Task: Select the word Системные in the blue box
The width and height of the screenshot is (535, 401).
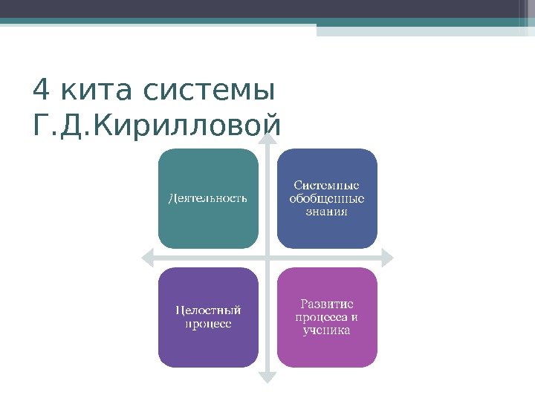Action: (327, 185)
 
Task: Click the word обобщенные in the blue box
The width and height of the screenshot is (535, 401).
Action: (327, 198)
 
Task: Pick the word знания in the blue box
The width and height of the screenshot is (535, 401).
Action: (327, 212)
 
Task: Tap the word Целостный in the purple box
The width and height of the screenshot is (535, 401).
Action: (208, 310)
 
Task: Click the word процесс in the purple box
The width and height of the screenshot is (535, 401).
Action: (208, 324)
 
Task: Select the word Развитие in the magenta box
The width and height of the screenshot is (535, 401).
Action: (327, 304)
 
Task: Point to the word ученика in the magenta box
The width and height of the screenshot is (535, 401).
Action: (327, 330)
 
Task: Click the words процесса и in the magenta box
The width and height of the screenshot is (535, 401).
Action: (327, 317)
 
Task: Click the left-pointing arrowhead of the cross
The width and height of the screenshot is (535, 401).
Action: (146, 258)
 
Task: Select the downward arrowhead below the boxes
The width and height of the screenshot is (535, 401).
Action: (267, 379)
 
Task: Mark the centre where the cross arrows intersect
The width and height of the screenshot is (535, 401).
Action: (267, 258)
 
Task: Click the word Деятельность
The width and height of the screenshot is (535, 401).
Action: (208, 198)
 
